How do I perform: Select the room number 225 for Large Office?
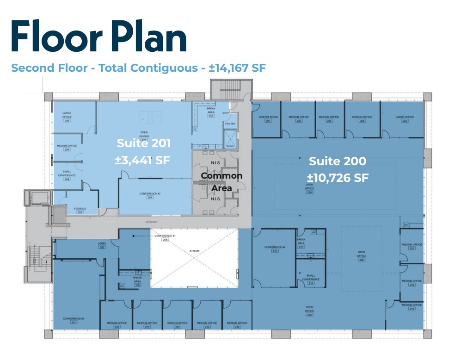click(x=405, y=121)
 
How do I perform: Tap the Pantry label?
click(x=230, y=124)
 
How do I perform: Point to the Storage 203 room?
click(x=80, y=211)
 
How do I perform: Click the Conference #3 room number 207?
click(x=150, y=198)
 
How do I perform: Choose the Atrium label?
click(x=194, y=251)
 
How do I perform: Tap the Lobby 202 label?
click(x=102, y=245)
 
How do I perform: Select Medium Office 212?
click(x=177, y=325)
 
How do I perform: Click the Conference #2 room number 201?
click(x=74, y=323)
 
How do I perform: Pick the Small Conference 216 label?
click(x=311, y=279)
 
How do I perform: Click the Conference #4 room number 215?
click(x=275, y=251)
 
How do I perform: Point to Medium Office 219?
click(x=412, y=283)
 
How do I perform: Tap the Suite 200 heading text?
click(x=337, y=161)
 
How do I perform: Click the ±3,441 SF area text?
click(x=143, y=161)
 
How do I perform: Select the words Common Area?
click(x=221, y=182)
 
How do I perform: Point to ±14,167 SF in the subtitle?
click(x=237, y=68)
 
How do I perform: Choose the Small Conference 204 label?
click(x=67, y=175)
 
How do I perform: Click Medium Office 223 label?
click(x=329, y=119)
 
